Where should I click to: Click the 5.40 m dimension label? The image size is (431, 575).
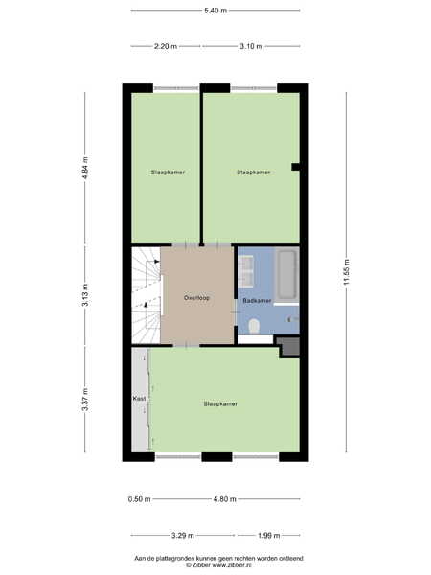point(215,11)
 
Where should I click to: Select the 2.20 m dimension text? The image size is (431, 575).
point(166,46)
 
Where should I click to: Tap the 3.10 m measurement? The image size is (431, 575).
point(251,46)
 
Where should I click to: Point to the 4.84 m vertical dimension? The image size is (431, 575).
point(85,168)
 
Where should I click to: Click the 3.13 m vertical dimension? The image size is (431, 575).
point(85,295)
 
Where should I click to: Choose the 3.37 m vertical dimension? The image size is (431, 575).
point(85,400)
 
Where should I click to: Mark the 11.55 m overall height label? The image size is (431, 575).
point(347,272)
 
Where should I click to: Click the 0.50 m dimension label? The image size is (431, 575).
point(139,499)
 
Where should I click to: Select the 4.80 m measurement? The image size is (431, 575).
point(225,499)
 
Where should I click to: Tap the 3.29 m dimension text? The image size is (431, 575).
point(183,536)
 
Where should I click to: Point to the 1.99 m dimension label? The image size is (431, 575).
point(268,536)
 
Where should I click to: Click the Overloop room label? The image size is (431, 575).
point(196,298)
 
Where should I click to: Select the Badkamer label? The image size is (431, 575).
point(257,301)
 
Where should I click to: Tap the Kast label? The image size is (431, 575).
point(139,398)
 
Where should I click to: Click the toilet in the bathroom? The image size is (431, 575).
point(254,326)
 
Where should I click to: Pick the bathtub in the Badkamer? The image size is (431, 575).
point(286,275)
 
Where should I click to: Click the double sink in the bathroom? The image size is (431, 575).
point(246,271)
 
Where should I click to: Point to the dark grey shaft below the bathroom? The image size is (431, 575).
point(289,347)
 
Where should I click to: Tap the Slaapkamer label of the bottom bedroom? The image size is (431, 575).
point(220,403)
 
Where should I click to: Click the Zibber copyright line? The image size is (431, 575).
point(218,565)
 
